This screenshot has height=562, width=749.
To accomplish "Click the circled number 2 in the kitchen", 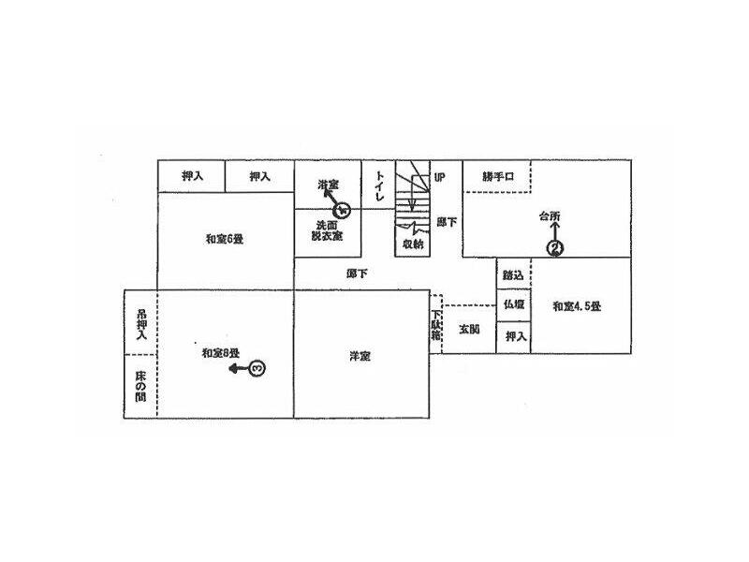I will pos(554,248).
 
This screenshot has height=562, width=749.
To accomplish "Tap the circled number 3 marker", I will pos(258,369).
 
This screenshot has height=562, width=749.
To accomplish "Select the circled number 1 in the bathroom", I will pos(343,207).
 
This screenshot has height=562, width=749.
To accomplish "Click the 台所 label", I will pos(550,217).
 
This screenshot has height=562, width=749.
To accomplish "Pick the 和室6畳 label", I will pos(225,238).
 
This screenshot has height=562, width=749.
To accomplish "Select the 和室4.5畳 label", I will pos(576,305).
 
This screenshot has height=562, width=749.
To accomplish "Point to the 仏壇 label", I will pos(513,304).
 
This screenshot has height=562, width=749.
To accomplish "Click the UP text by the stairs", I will pos(438,175).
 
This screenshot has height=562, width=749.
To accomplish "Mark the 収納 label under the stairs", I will pos(413,243).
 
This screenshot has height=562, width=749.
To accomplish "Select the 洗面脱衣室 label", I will pos(328,231).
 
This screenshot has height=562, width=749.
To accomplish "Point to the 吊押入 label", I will pos(141,322).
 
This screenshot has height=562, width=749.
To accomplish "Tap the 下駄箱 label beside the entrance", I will pos(435,329).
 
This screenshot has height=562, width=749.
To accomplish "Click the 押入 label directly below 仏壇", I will pos(513,335).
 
